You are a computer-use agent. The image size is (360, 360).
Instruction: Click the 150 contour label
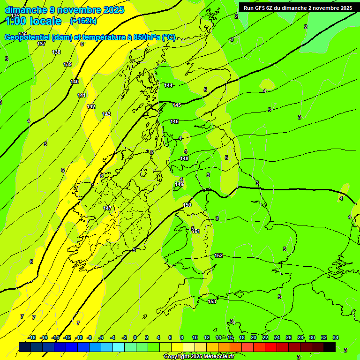187,205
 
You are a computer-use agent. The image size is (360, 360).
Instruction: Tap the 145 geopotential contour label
177,105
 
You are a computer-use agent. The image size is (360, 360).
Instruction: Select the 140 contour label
75,82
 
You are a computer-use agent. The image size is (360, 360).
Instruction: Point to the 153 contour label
212,301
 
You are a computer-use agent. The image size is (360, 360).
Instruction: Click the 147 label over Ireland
107,208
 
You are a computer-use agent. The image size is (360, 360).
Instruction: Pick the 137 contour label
41,44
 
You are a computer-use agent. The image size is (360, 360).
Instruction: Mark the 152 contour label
218,255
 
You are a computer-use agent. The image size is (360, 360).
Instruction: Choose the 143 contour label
106,114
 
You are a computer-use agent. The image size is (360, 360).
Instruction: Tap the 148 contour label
184,158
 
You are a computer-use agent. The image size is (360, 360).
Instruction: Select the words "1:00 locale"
33,21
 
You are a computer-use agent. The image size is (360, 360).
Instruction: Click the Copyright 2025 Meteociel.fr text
199,357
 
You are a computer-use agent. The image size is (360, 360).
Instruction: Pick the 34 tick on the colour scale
335,337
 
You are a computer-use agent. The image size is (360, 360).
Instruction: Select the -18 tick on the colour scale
32,337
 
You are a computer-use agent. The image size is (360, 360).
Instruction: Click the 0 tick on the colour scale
135,337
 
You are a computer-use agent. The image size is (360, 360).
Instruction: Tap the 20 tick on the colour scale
253,337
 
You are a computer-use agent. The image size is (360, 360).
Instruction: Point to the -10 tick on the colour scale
79,337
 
